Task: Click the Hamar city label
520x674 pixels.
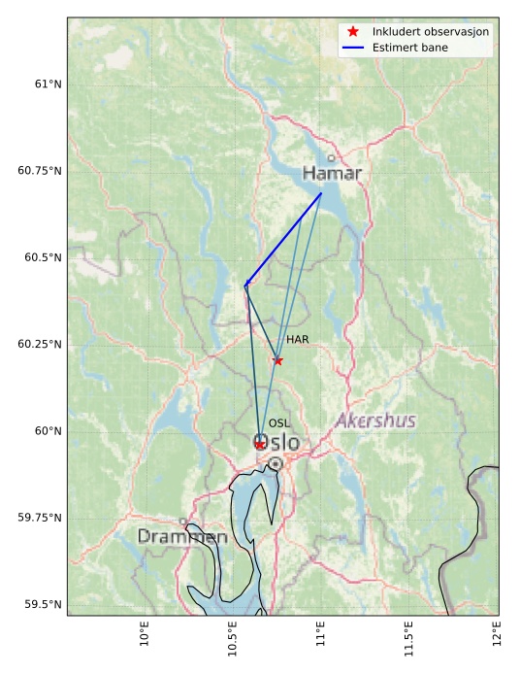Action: coord(332,174)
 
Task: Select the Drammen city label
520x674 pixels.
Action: coord(182,536)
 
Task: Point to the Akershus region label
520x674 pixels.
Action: coord(375,421)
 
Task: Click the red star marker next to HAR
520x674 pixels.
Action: coord(277,360)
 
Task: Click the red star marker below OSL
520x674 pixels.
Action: coord(260,444)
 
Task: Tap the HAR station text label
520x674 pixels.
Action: coord(297,340)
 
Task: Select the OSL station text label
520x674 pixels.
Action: coord(279,423)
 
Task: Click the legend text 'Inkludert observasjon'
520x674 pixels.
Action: coord(431,32)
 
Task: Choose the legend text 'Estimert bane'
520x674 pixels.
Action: coord(410,48)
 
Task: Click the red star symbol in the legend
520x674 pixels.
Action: coord(353,32)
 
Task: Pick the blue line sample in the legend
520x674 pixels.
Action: coord(353,48)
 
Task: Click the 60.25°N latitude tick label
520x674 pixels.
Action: coord(40,344)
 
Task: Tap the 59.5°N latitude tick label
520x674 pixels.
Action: coord(43,604)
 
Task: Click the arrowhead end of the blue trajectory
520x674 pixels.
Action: coord(245,285)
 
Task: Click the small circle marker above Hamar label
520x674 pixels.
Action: coord(331,158)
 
